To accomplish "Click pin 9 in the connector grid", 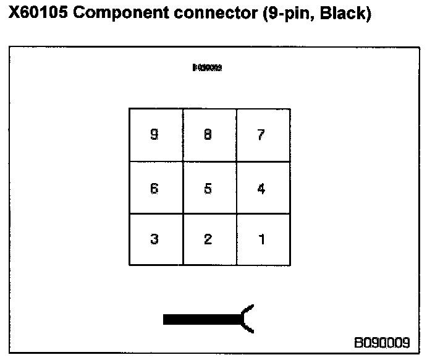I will coord(154,135).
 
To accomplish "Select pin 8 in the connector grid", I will coord(208,135).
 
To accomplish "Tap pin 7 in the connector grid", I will coord(261,135).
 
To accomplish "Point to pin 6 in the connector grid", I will coord(154,189).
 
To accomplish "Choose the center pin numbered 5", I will coord(208,189).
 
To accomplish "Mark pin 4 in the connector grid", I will coord(261,189).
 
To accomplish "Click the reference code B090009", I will coord(381,342).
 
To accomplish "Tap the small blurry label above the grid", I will coord(208,68).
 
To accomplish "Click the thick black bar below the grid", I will coord(201,319).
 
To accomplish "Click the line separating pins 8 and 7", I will coord(237,135).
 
